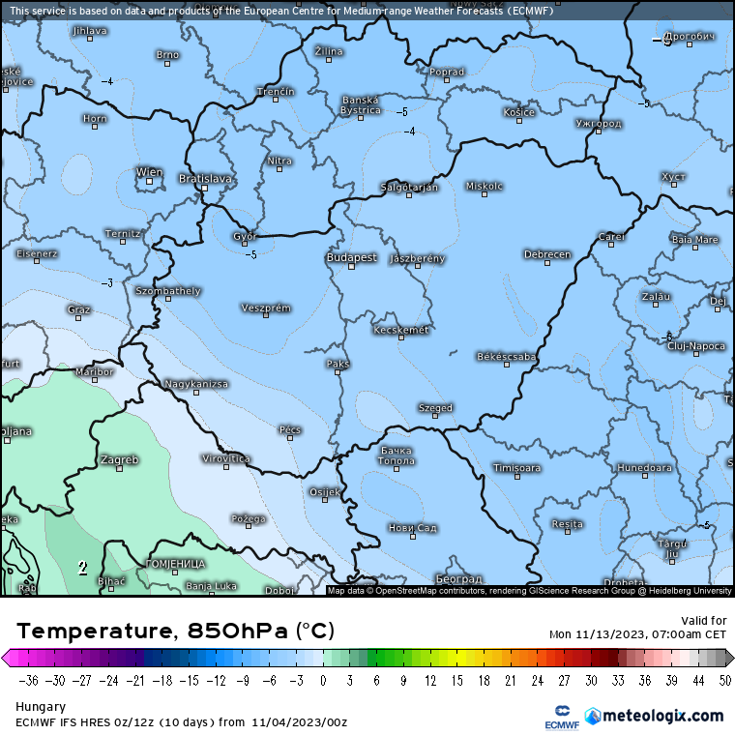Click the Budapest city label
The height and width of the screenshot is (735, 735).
(x=351, y=258)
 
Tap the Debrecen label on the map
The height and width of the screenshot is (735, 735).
(x=547, y=254)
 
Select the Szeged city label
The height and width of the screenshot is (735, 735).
(x=435, y=408)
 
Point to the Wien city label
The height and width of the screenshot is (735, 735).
(x=149, y=172)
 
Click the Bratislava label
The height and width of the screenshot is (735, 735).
(x=206, y=178)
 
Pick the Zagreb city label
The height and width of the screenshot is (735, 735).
(x=120, y=459)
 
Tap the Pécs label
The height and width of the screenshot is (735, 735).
(x=289, y=429)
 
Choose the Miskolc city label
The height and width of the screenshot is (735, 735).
(x=485, y=186)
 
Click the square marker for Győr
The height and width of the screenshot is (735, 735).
(x=245, y=244)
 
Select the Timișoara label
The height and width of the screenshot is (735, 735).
(x=516, y=468)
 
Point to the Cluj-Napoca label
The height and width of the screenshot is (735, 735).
(x=696, y=345)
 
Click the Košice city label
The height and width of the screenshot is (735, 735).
(x=518, y=112)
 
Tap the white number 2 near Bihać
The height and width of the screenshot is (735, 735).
(x=83, y=568)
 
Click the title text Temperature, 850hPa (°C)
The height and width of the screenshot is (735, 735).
(x=175, y=632)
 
